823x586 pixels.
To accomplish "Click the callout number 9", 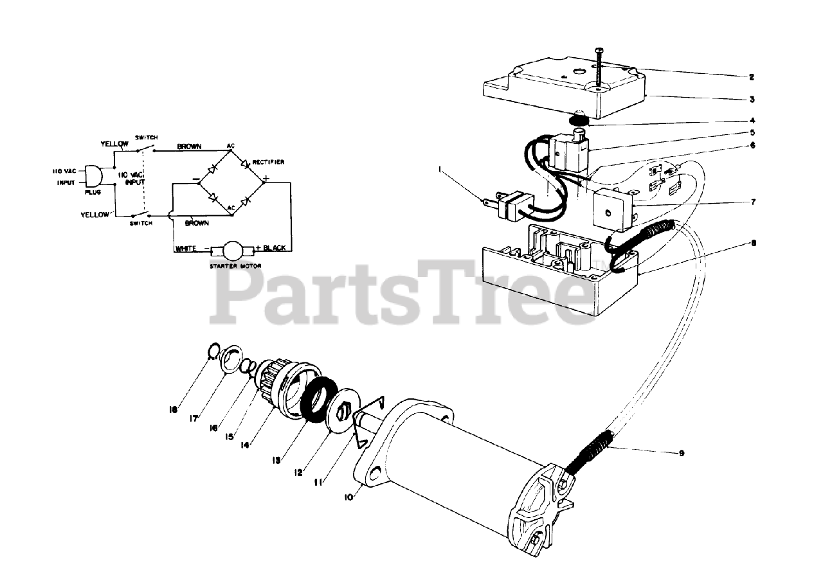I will pyautogui.click(x=681, y=453).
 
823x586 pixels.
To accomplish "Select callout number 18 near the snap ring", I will pyautogui.click(x=173, y=409).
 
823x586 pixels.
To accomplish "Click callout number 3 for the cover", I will pyautogui.click(x=751, y=100).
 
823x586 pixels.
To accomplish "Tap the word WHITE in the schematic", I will pyautogui.click(x=186, y=249).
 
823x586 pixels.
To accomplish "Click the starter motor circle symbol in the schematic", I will pyautogui.click(x=230, y=249).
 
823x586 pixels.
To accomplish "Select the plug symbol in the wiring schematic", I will pyautogui.click(x=94, y=175).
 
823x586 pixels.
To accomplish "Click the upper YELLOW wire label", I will pyautogui.click(x=114, y=144).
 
